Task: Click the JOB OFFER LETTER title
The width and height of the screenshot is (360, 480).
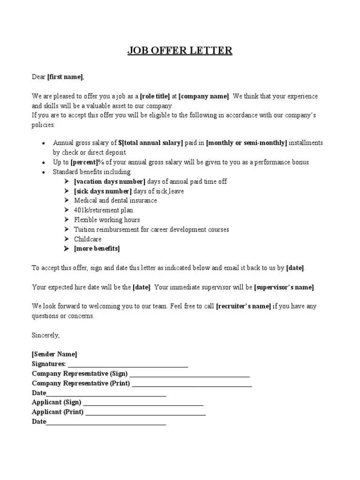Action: click(180, 50)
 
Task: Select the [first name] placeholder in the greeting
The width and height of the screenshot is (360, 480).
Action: click(65, 76)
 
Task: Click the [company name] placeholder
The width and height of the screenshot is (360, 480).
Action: click(204, 96)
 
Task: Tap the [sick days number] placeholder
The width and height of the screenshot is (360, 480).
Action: click(103, 191)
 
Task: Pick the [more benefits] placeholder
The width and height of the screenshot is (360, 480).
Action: click(97, 248)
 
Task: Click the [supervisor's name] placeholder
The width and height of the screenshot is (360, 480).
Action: click(285, 287)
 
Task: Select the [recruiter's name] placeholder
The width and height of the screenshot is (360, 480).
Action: click(243, 306)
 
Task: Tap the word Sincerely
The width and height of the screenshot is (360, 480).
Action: click(46, 335)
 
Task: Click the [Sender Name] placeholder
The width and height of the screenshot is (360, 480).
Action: click(54, 354)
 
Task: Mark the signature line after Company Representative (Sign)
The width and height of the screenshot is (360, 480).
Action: click(189, 375)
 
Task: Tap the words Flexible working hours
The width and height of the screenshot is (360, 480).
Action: click(107, 220)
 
